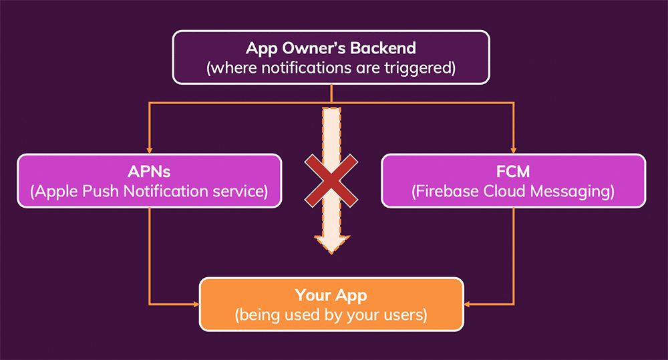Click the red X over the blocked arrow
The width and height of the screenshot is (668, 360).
[x=332, y=178]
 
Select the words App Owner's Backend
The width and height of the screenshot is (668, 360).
[x=331, y=48]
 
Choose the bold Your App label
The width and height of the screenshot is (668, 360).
[x=331, y=294]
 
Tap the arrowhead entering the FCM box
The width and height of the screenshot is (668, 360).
[x=514, y=150]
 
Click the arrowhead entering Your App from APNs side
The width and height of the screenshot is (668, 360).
[x=196, y=304]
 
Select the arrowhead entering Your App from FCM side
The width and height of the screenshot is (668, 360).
[x=468, y=304]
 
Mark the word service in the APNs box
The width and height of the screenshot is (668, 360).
[x=238, y=192]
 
